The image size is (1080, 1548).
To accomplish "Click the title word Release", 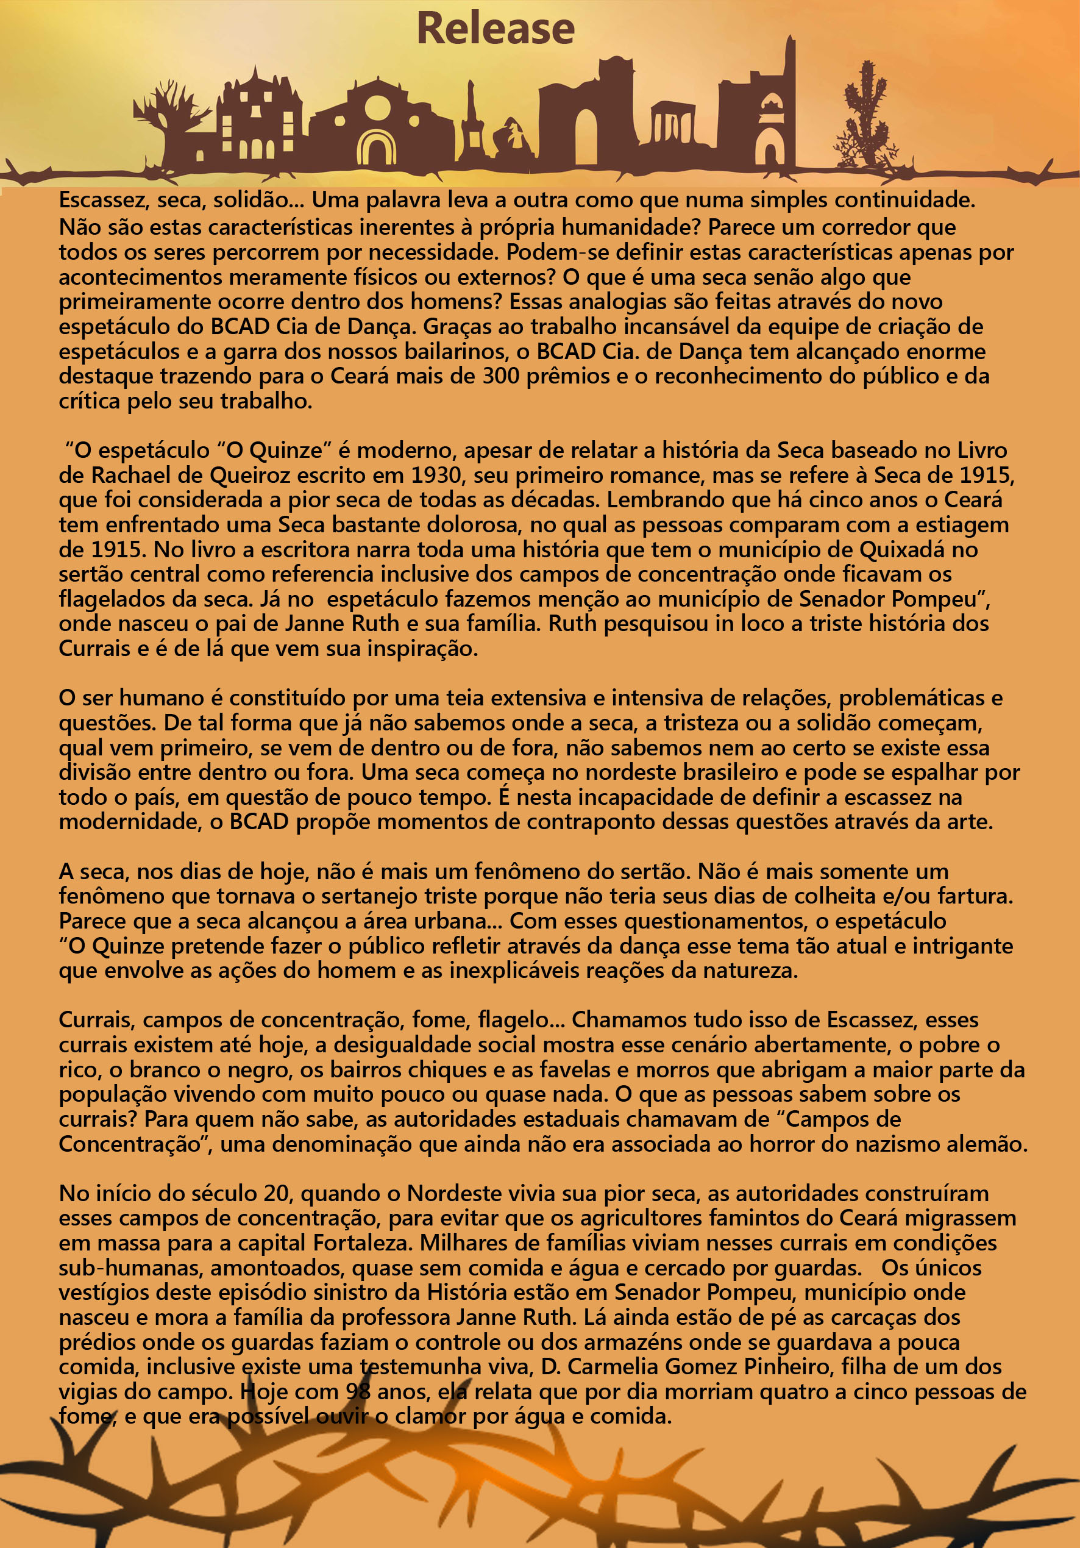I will pos(496,29).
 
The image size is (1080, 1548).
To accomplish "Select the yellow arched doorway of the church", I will pos(376,149).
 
